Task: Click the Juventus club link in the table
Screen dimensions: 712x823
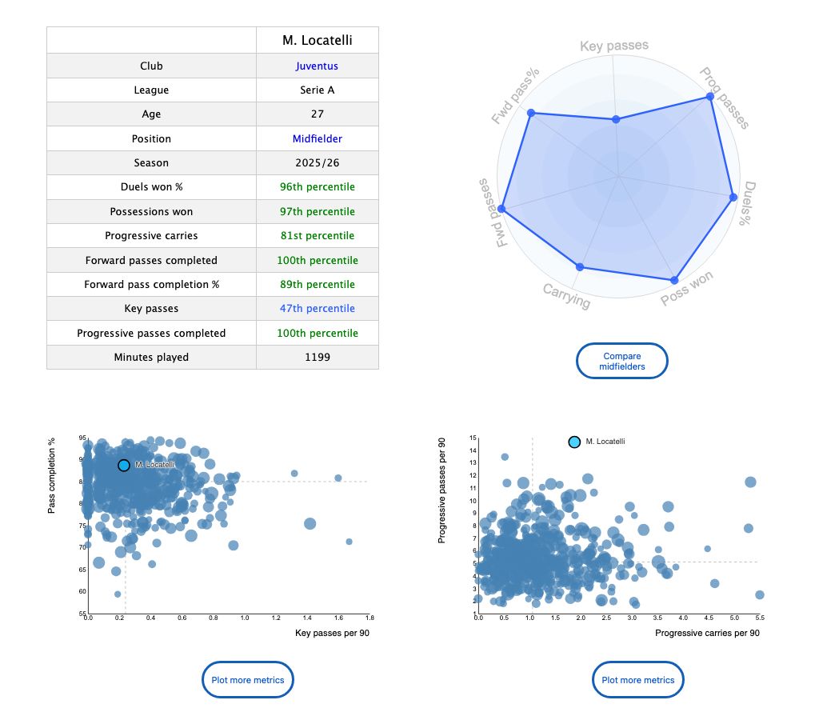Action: [317, 66]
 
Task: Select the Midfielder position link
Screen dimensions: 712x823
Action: [317, 138]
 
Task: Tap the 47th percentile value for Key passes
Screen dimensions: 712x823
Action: [317, 308]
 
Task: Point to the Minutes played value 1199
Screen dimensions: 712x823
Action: [317, 357]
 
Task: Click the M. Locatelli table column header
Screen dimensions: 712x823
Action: [317, 40]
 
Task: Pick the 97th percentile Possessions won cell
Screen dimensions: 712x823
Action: [317, 211]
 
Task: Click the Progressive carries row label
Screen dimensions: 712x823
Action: [151, 236]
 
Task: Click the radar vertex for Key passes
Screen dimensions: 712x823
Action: [615, 119]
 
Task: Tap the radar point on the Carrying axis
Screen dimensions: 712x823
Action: [580, 266]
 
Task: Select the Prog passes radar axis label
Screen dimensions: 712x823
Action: [725, 98]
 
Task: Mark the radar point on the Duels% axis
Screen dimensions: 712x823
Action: [732, 197]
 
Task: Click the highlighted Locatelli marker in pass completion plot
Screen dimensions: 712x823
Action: [124, 465]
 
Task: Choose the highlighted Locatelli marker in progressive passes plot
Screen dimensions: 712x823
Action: [574, 442]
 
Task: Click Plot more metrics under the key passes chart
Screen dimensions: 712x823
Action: [248, 680]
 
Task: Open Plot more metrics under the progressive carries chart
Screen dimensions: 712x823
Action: [638, 680]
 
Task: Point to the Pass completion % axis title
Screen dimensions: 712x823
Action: [52, 475]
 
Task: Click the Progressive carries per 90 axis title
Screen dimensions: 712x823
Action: [707, 633]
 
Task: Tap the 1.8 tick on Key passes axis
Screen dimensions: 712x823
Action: [369, 618]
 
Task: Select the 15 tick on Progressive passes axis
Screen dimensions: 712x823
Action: [472, 438]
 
